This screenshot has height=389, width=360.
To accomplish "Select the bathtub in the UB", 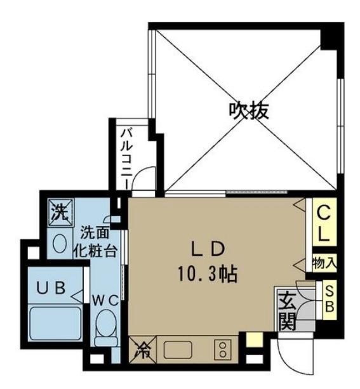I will click(55, 324).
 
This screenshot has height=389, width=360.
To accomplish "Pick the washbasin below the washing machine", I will click(60, 242).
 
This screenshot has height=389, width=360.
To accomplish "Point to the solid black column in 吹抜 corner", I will click(331, 36).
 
